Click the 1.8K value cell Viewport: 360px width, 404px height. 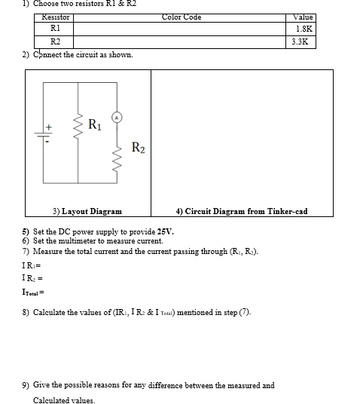(x=303, y=29)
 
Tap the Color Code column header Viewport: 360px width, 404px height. (x=182, y=17)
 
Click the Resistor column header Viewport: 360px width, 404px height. (x=55, y=17)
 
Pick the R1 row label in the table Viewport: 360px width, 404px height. (x=55, y=29)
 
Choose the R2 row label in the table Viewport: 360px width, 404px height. (x=55, y=42)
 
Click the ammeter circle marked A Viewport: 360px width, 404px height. (x=117, y=117)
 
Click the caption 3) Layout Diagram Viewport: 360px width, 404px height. (x=87, y=212)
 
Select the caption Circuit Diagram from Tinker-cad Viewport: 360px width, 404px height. (x=241, y=212)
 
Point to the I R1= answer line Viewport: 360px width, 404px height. (x=30, y=265)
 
